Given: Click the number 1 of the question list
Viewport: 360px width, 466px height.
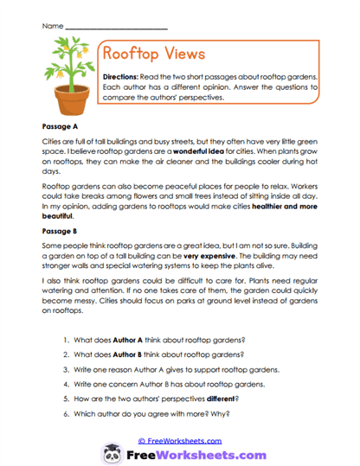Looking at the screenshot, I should pyautogui.click(x=91, y=340).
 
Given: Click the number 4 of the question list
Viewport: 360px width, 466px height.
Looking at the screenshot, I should pyautogui.click(x=91, y=384).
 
